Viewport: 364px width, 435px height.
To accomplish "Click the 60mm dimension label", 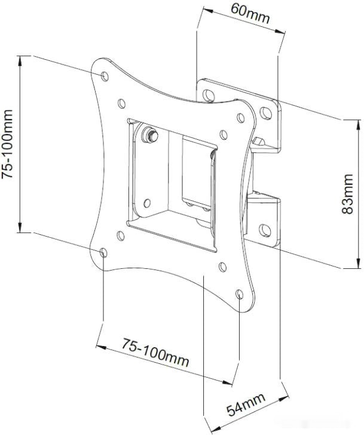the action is pyautogui.click(x=250, y=14).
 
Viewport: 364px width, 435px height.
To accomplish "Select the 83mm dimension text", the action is pyautogui.click(x=347, y=194).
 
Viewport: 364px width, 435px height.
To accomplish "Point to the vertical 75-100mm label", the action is pyautogui.click(x=7, y=144).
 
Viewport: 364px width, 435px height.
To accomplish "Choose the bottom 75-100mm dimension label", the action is pyautogui.click(x=155, y=353).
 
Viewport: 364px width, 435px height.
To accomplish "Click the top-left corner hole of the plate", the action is pyautogui.click(x=105, y=76).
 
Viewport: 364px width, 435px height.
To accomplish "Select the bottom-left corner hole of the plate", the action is pyautogui.click(x=103, y=253).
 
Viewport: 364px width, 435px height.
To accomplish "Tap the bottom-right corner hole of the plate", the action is pyautogui.click(x=240, y=294).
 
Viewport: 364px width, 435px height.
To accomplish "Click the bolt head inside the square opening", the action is pyautogui.click(x=150, y=135).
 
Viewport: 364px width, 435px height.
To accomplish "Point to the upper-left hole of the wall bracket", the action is pyautogui.click(x=209, y=95).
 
